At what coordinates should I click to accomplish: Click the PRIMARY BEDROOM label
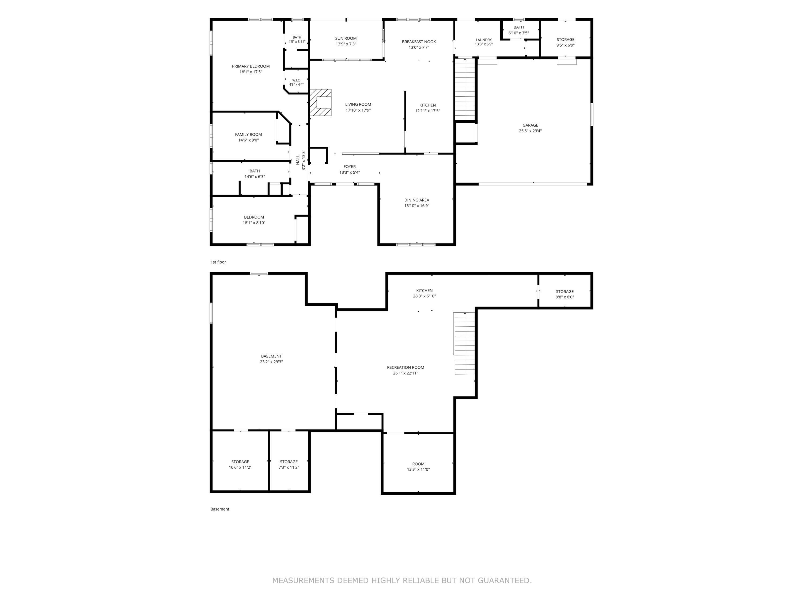tap(251, 66)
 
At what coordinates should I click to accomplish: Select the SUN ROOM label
tap(346, 38)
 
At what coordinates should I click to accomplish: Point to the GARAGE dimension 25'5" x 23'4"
tap(530, 131)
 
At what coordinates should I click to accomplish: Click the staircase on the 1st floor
tap(465, 89)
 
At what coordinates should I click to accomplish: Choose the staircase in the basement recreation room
tap(464, 343)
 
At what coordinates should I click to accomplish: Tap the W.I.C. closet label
tap(296, 80)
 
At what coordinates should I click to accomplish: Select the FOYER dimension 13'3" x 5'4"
tap(350, 172)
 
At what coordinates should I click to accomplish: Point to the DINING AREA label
tap(417, 200)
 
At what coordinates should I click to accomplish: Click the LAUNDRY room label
tap(484, 40)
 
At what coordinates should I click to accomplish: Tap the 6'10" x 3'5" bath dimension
tap(519, 33)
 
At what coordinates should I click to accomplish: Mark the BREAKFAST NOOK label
tap(419, 42)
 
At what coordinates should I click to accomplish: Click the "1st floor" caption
tap(218, 262)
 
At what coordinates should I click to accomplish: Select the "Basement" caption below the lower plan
tap(220, 509)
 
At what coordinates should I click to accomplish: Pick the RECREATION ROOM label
tap(406, 367)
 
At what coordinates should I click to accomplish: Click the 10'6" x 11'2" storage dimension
tap(240, 467)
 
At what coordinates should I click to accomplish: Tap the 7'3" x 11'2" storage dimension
tap(289, 467)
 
